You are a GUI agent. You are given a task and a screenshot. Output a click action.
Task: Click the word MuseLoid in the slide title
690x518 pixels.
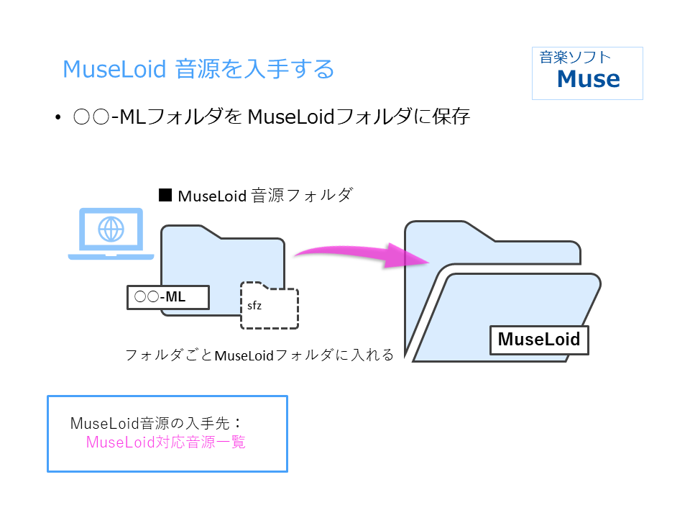pos(114,69)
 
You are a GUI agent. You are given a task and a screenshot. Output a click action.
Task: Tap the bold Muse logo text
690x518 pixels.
pos(589,79)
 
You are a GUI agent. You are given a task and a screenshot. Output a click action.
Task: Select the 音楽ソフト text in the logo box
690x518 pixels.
pos(575,58)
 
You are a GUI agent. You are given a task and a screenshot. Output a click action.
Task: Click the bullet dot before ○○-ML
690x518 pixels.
pos(57,117)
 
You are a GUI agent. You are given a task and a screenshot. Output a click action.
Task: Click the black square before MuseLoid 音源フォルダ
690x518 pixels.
pos(165,195)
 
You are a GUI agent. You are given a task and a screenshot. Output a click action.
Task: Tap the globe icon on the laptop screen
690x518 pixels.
pos(111,229)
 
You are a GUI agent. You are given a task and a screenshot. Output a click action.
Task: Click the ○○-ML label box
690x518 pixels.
pos(168,297)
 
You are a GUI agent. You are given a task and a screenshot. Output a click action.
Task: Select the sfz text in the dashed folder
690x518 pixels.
pos(254,305)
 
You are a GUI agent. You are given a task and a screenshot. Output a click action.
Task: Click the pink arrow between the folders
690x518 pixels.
pos(362,255)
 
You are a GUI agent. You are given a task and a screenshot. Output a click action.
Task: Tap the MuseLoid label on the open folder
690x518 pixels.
pos(539,340)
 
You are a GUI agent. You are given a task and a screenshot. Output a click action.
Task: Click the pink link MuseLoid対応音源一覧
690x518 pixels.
pos(166,442)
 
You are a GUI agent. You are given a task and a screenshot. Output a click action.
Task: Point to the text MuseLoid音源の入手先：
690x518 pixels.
pos(157,423)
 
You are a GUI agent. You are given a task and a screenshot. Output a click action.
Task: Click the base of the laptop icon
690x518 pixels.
pos(111,256)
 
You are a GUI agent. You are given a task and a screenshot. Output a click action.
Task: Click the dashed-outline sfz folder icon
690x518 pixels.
pos(270,305)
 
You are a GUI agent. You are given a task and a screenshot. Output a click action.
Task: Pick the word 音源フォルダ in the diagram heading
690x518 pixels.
pos(302,195)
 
